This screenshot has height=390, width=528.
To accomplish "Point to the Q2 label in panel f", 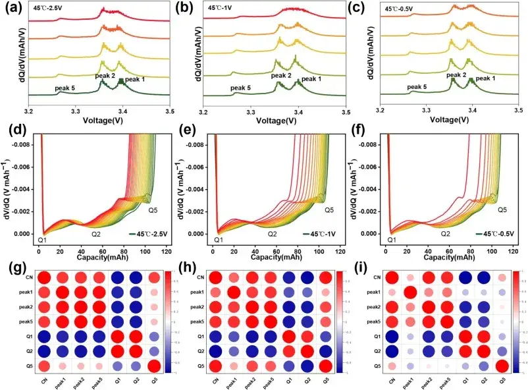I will click(x=445, y=233).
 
